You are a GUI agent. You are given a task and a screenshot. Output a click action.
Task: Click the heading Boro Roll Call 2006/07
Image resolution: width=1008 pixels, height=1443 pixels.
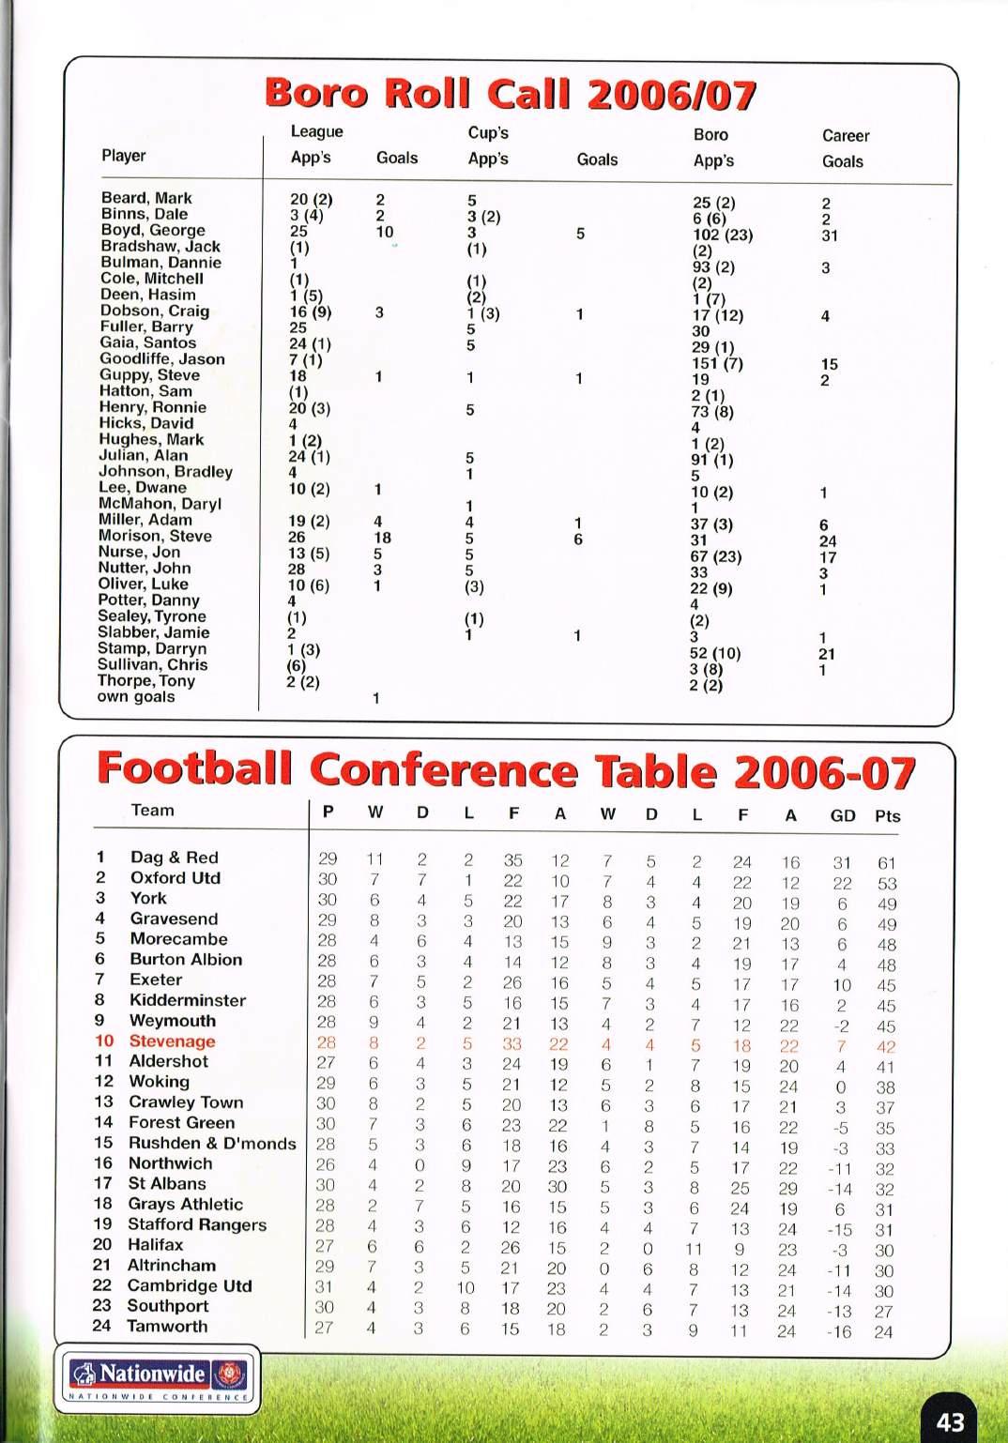click(x=510, y=95)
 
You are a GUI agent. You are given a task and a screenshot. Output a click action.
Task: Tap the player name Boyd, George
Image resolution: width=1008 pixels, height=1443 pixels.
click(x=152, y=230)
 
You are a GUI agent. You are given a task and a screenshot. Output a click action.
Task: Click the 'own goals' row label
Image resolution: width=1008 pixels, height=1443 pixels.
click(x=136, y=697)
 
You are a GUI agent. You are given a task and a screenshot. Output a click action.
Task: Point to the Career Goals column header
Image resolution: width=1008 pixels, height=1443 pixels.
click(x=845, y=148)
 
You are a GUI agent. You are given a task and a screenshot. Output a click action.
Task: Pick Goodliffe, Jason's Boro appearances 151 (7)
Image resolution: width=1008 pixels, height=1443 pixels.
click(x=717, y=364)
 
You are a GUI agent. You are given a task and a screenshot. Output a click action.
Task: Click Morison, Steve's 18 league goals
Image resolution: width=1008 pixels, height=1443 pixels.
click(x=382, y=538)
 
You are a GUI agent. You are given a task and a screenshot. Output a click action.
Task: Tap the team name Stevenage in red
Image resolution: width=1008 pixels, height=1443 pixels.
click(x=172, y=1041)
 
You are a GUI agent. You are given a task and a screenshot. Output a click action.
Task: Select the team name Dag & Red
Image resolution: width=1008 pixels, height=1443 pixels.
click(x=174, y=858)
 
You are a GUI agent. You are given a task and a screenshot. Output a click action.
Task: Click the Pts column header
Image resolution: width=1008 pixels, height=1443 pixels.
click(x=887, y=816)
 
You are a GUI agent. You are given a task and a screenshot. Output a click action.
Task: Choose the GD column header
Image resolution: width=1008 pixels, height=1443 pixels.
click(x=842, y=816)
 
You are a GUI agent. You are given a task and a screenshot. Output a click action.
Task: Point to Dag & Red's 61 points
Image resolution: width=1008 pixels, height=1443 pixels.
click(x=886, y=863)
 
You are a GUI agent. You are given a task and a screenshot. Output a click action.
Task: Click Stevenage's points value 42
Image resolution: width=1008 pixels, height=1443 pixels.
click(x=886, y=1047)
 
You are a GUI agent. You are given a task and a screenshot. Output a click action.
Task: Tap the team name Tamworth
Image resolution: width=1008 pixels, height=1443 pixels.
click(x=167, y=1327)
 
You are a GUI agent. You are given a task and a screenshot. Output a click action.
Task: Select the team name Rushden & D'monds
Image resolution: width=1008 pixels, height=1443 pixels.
click(x=212, y=1144)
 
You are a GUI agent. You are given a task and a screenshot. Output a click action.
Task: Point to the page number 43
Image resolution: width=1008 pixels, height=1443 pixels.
click(x=951, y=1422)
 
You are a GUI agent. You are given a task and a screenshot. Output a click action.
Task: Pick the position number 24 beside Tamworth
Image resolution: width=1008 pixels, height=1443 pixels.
click(x=101, y=1327)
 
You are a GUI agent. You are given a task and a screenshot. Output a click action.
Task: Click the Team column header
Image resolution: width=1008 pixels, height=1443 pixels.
click(x=152, y=811)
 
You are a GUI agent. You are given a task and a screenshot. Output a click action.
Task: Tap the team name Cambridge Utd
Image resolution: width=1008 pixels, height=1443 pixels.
click(x=190, y=1286)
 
